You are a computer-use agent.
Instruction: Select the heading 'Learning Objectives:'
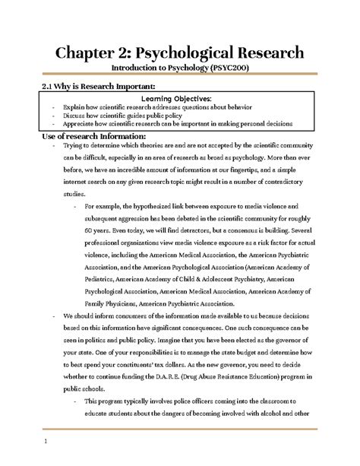click(x=179, y=99)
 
